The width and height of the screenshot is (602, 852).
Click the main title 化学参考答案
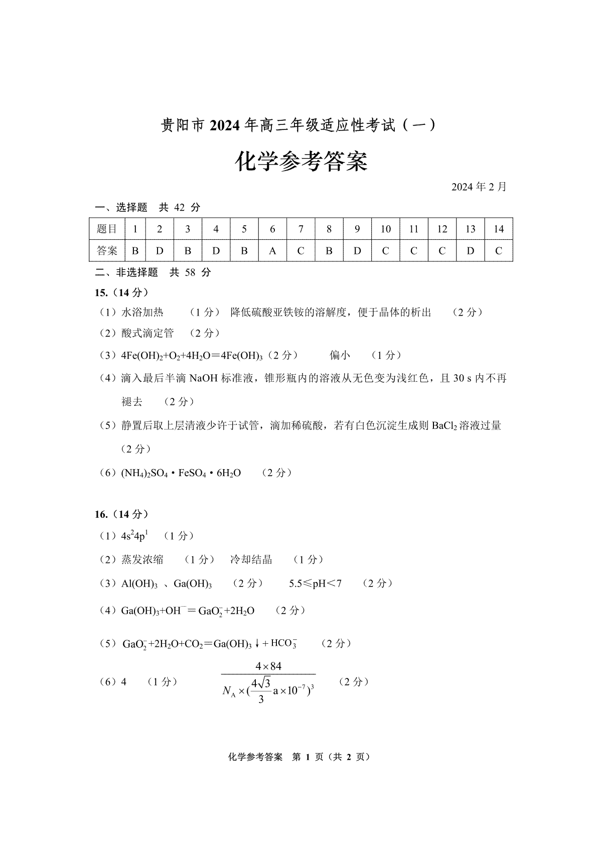point(301,162)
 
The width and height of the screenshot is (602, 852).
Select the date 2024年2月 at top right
point(479,187)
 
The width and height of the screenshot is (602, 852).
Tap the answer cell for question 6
point(272,251)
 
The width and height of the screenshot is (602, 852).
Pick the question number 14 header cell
point(498,229)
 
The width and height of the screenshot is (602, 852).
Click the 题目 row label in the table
point(107,229)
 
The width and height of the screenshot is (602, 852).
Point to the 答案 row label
point(107,251)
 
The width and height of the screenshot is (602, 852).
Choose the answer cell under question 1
point(135,251)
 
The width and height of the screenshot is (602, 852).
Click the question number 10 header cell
point(385,229)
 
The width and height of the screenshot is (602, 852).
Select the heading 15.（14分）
point(121,293)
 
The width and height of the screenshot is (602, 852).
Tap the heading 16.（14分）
point(121,514)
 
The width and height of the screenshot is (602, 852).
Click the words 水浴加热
point(142,313)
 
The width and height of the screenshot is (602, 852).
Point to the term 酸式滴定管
point(147,333)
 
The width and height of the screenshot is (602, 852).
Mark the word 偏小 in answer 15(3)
point(340,356)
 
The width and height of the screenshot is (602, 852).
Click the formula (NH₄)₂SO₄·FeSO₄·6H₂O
point(181,473)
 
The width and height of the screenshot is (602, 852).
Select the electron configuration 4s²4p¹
point(134,536)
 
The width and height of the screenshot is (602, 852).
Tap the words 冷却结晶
point(251,559)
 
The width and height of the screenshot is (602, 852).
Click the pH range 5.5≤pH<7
point(315,584)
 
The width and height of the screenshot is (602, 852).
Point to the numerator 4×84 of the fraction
point(268,666)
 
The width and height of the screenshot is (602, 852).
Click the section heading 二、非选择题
point(126,272)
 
